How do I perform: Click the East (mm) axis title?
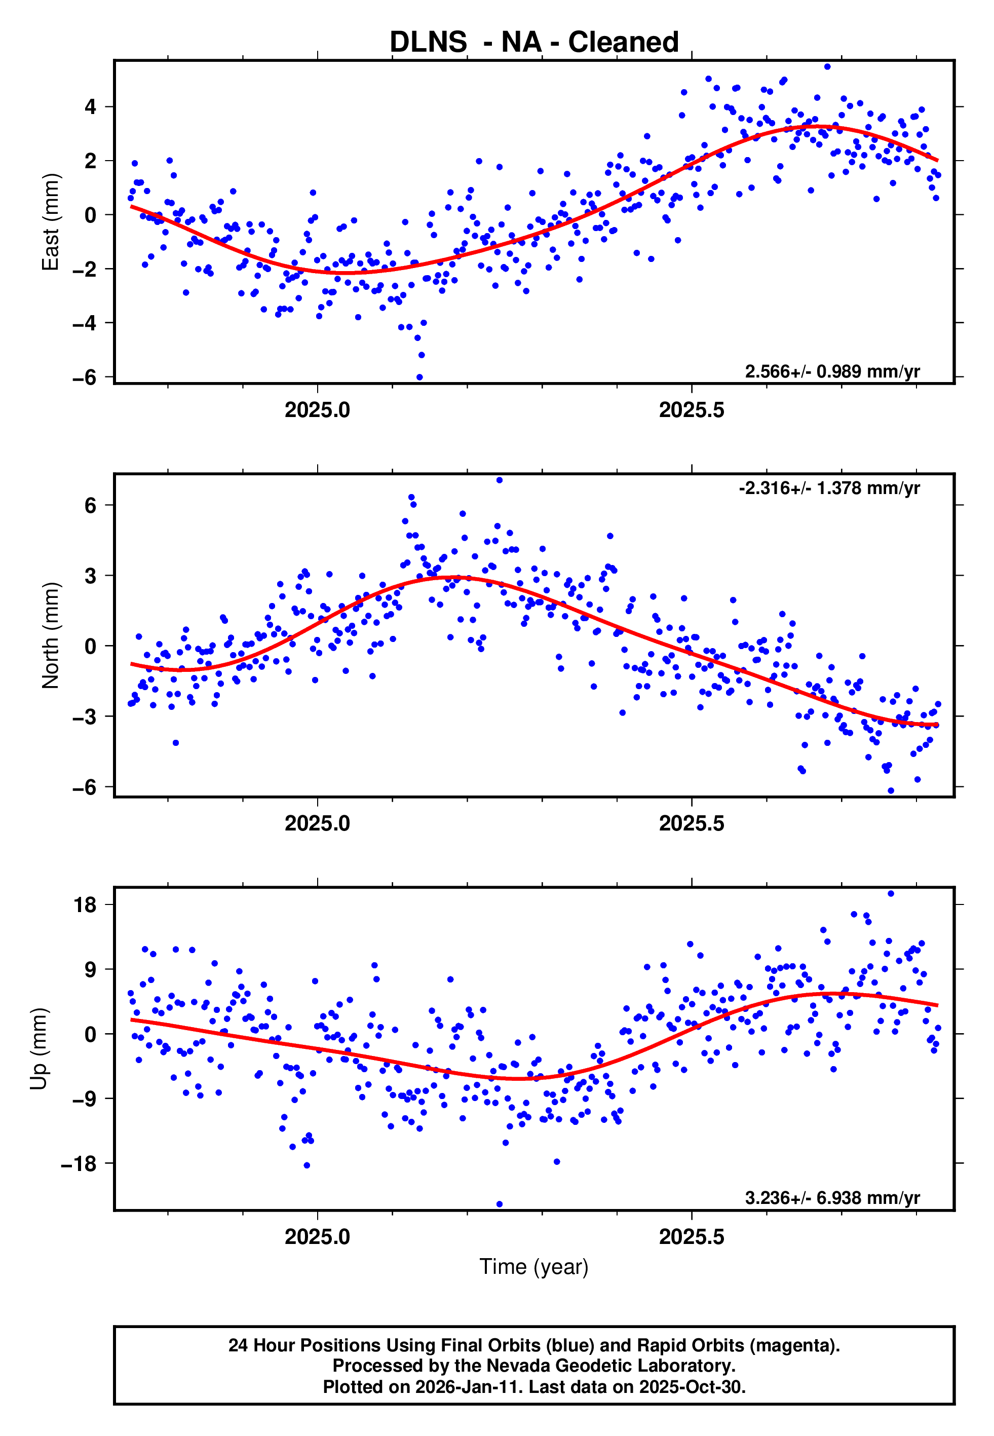(51, 222)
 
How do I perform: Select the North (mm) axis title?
(51, 635)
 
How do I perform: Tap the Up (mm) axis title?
(39, 1049)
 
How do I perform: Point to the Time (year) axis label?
(534, 1267)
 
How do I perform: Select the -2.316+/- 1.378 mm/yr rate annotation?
(829, 488)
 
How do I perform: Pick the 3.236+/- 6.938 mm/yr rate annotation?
(832, 1198)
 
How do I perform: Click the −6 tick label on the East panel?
(84, 377)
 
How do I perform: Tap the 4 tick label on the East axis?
(91, 107)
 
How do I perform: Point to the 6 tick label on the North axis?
(91, 505)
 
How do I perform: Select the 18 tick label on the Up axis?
(85, 905)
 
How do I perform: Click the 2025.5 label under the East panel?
(692, 410)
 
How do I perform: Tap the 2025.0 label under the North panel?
(317, 824)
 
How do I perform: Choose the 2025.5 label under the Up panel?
(692, 1237)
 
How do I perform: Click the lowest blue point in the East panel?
(419, 377)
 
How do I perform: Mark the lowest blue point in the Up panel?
(500, 1204)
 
